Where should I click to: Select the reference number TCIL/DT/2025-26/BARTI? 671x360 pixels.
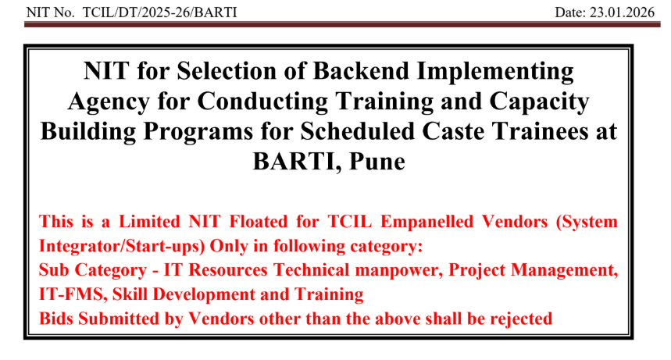[157, 12]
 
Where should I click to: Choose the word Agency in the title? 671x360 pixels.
[112, 102]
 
